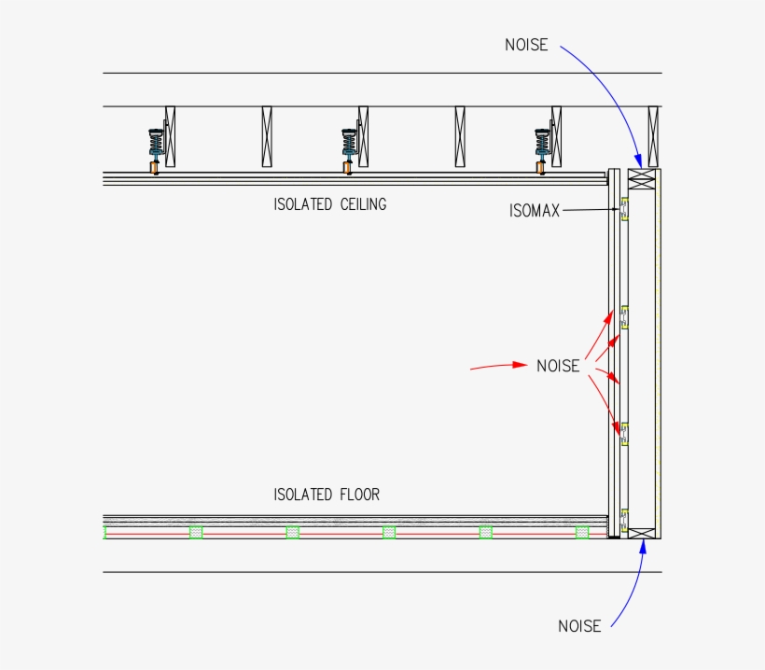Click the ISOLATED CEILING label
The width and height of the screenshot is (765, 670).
[x=329, y=204]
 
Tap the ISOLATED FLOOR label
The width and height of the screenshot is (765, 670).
[x=327, y=495]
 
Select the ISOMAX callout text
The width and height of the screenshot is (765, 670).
[x=535, y=211]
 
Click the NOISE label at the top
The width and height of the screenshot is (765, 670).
[x=526, y=45]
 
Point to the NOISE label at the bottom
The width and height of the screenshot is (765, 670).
[x=579, y=626]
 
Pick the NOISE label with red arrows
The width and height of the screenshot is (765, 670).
[x=558, y=366]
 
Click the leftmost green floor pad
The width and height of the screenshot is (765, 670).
[x=196, y=532]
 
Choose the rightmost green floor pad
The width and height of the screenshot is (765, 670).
[x=582, y=532]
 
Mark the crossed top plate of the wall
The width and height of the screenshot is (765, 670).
[x=642, y=176]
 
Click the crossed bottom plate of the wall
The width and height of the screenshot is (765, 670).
[x=642, y=533]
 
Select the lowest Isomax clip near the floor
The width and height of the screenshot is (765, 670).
[x=623, y=519]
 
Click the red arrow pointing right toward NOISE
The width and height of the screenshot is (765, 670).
[x=499, y=366]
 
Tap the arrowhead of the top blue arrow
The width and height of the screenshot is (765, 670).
[x=639, y=163]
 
